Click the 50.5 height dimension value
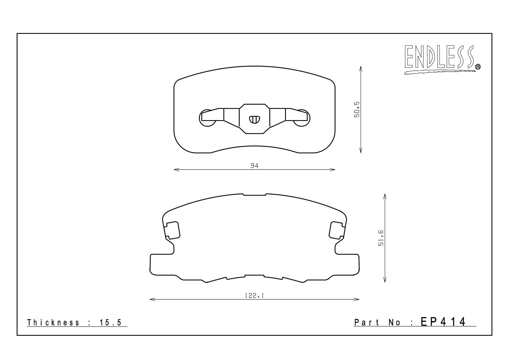[x=357, y=110]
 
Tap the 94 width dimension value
[x=254, y=166]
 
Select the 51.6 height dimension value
[x=381, y=238]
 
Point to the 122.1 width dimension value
[x=254, y=296]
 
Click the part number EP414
[x=443, y=322]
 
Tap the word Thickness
[x=53, y=322]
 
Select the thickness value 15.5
[x=111, y=322]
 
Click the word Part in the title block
[x=367, y=322]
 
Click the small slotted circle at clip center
[x=254, y=119]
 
